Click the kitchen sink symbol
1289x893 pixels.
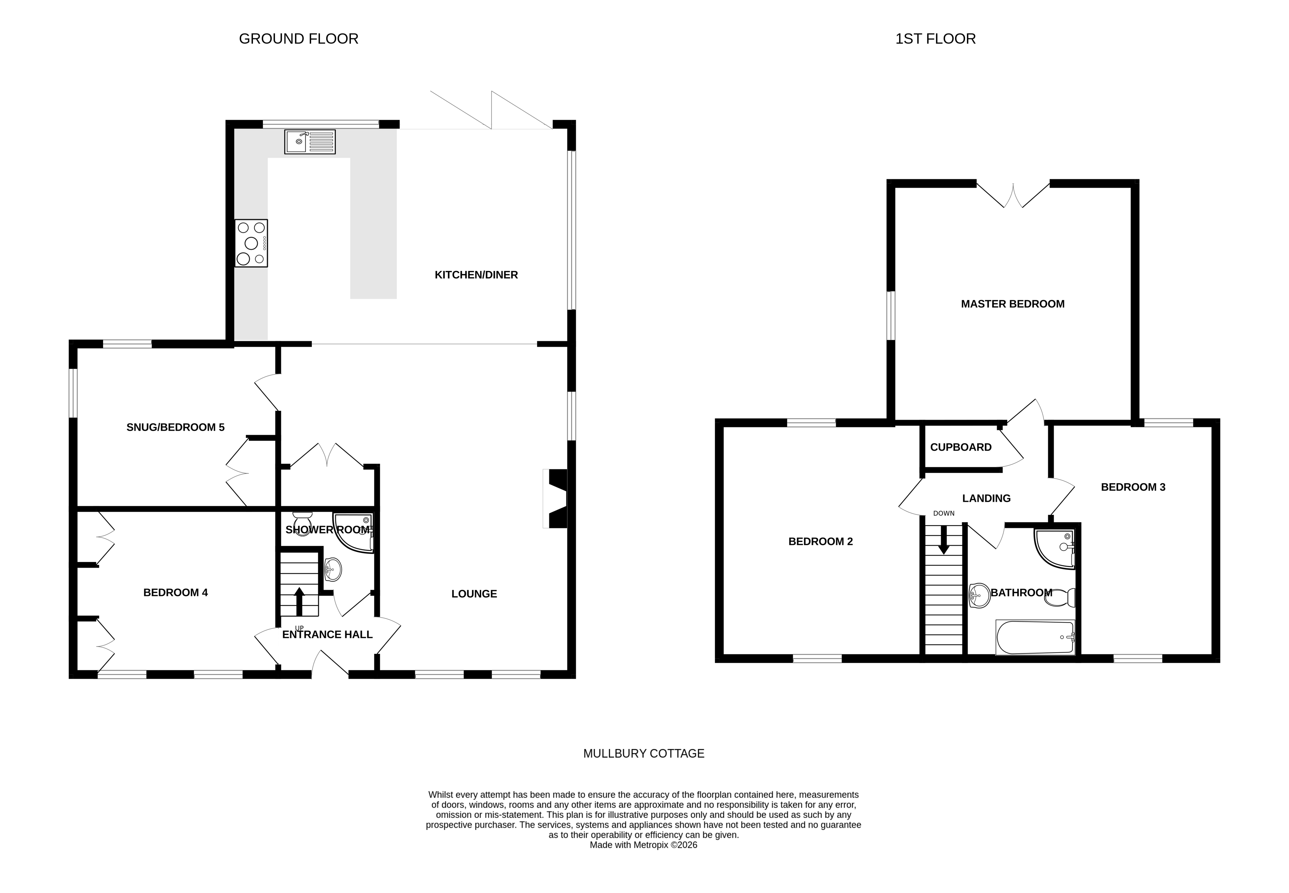[310, 142]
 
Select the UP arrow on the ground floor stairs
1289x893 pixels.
[299, 601]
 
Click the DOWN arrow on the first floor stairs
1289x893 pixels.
[943, 540]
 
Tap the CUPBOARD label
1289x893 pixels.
[961, 447]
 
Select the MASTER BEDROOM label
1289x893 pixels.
[1012, 304]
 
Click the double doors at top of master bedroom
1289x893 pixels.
[1012, 196]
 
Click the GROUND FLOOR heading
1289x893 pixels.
[298, 39]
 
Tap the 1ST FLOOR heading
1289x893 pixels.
[935, 39]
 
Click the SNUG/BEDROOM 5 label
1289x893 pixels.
[175, 427]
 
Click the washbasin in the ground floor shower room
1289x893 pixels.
[332, 569]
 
